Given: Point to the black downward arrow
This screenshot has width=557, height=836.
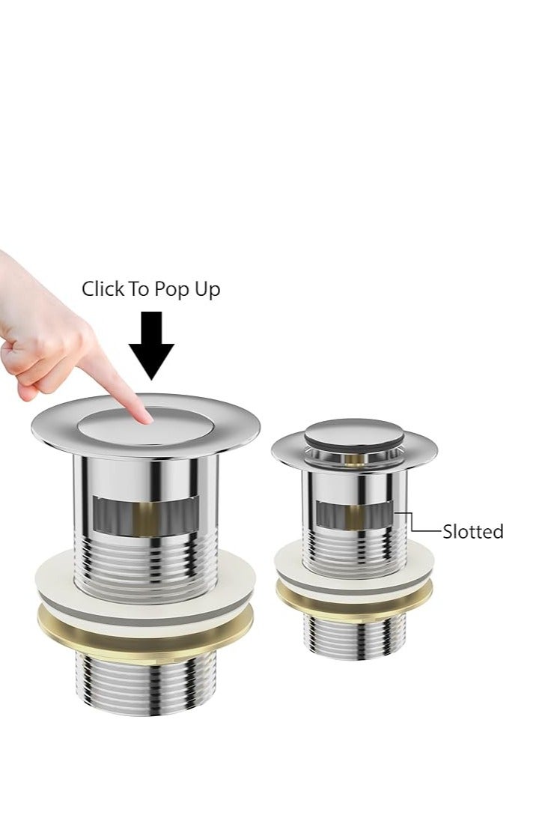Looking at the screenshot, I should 151,345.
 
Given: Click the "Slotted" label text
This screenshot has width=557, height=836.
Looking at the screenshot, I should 472,532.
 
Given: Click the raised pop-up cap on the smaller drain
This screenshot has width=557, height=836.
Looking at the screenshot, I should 354,433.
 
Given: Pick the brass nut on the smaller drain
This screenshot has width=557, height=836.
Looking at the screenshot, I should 354,596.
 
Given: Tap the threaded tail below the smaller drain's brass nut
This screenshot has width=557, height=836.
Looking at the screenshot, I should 354,636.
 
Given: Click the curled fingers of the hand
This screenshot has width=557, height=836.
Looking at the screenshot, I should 30,367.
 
